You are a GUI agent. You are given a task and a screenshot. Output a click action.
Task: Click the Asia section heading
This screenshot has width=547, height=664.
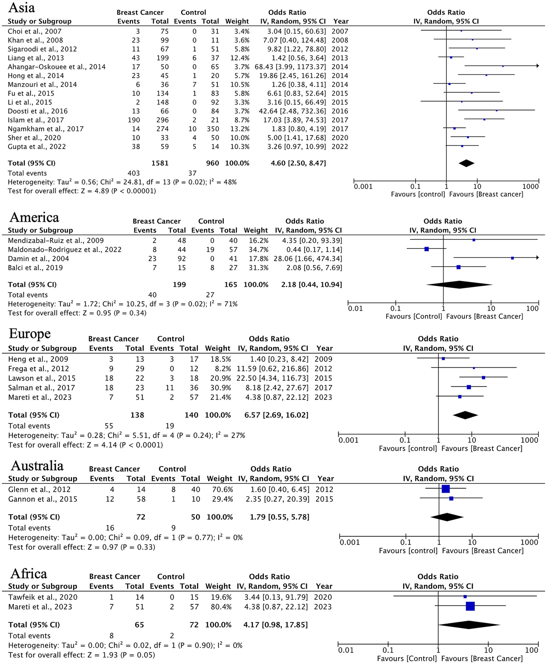pyautogui.click(x=22, y=7)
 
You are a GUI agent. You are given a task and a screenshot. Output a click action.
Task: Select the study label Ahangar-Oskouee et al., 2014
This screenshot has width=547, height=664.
pyautogui.click(x=57, y=67)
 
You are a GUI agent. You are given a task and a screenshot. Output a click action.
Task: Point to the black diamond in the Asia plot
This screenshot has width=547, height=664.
pyautogui.click(x=466, y=163)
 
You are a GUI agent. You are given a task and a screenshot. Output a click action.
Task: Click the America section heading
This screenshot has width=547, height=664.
pyautogui.click(x=34, y=217)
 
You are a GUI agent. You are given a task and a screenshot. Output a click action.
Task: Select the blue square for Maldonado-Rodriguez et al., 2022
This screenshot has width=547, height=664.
pyautogui.click(x=426, y=249)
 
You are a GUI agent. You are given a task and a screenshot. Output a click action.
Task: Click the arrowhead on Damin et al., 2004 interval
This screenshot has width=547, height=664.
pyautogui.click(x=537, y=258)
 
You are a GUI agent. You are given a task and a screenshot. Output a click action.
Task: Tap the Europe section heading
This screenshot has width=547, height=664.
pyautogui.click(x=30, y=334)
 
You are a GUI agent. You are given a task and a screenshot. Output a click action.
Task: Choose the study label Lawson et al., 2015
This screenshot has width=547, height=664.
pyautogui.click(x=42, y=378)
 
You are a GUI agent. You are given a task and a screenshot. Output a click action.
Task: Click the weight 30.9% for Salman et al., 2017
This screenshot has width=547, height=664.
pyautogui.click(x=221, y=387)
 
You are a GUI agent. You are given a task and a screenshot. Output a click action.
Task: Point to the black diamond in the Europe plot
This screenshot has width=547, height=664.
pyautogui.click(x=465, y=415)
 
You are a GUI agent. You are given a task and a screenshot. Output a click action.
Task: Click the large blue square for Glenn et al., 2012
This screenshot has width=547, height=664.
pyautogui.click(x=445, y=489)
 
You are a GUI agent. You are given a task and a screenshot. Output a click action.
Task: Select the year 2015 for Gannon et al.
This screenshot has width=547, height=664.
pyautogui.click(x=324, y=499)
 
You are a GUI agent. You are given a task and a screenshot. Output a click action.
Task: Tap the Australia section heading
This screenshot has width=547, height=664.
pyautogui.click(x=37, y=466)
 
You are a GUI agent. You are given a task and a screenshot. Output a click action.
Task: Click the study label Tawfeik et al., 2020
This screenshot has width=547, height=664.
pyautogui.click(x=43, y=597)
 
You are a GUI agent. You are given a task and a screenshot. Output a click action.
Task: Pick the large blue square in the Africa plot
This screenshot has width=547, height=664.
pyautogui.click(x=470, y=606)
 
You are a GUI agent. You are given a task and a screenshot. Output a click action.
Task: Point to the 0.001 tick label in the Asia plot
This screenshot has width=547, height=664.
pyautogui.click(x=363, y=187)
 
